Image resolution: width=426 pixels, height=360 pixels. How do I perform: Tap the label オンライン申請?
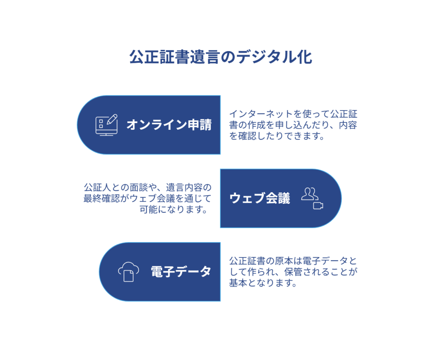coord(169,125)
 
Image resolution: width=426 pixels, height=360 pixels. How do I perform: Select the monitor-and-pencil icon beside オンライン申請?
coord(106,124)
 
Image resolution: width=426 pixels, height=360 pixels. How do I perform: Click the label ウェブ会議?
coord(260,199)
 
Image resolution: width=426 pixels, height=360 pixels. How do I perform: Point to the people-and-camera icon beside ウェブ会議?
coord(312,198)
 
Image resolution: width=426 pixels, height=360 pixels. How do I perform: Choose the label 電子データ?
coord(181,272)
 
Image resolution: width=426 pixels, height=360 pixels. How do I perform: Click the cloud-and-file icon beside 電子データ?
coord(129,272)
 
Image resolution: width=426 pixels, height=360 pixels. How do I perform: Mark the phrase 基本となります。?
coord(263,283)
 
